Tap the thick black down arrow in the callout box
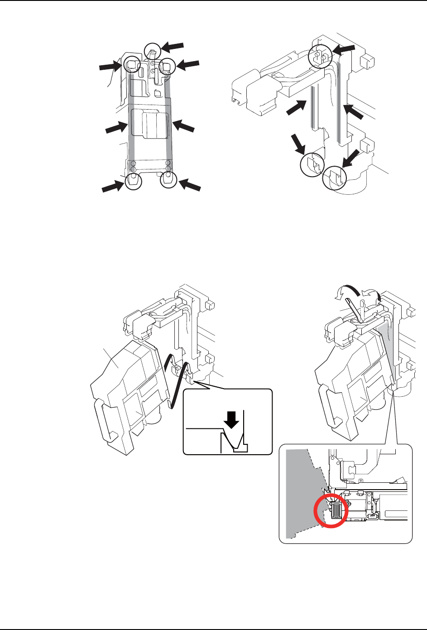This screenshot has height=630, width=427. [x=232, y=419]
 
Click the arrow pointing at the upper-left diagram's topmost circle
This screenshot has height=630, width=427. [x=173, y=46]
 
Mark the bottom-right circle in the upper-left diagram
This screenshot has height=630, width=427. [x=168, y=180]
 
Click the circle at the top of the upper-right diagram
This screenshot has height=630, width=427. [x=317, y=56]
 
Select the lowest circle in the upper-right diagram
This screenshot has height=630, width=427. [x=334, y=178]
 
